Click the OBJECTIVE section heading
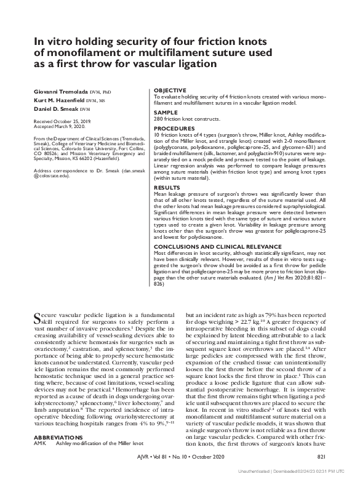pyautogui.click(x=169, y=90)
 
